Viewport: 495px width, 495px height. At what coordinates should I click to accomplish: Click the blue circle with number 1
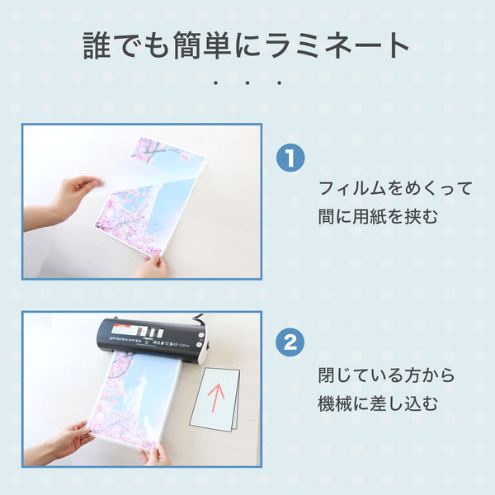290,158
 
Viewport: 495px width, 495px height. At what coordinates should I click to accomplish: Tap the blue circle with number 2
290,343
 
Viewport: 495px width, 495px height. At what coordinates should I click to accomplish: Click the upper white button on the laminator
200,335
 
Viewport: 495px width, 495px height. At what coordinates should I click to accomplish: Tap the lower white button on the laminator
199,344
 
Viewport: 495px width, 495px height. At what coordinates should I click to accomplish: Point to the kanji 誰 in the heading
97,45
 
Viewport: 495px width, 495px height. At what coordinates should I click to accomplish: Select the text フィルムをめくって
395,188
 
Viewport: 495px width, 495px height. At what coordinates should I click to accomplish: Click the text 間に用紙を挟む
378,217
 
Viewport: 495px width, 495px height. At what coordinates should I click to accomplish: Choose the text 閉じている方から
386,375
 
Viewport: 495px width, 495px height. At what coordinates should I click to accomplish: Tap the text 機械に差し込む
378,403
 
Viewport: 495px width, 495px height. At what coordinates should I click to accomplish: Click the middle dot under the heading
247,83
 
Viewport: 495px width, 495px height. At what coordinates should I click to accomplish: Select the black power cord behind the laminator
196,318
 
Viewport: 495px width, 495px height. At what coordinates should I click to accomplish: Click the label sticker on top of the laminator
138,332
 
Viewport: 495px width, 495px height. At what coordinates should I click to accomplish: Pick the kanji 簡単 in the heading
202,45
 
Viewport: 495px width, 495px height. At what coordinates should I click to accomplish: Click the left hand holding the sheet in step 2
68,440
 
